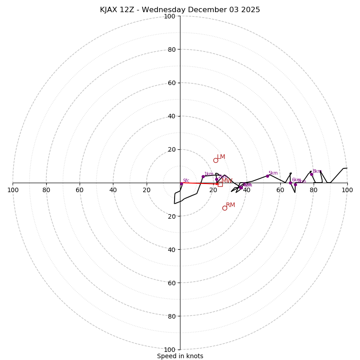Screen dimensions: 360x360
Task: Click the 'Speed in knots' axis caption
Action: (180, 356)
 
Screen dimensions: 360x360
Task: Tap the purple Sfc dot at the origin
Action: (181, 184)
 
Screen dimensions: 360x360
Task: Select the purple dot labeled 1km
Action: (203, 176)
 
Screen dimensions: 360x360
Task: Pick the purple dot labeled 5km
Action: (267, 176)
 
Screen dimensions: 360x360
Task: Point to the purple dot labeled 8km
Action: (311, 174)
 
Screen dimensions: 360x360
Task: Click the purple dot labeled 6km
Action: (290, 183)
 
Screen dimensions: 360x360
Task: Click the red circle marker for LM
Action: (216, 160)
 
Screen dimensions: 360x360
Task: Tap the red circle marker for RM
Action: (225, 208)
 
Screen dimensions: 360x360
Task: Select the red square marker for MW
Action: (220, 184)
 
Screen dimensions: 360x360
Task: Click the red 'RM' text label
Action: (230, 205)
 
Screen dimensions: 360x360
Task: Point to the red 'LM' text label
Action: (221, 157)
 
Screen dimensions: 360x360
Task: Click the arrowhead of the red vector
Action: (217, 184)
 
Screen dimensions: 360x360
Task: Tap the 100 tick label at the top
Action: (170, 16)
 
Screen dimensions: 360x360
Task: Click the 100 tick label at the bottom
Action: (170, 350)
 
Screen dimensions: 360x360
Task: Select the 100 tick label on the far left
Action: (13, 190)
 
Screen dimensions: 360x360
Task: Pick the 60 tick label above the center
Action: (171, 83)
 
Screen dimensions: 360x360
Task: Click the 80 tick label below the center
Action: (171, 316)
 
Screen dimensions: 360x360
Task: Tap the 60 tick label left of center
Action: (80, 190)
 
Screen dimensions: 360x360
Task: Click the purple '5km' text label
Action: (273, 173)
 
